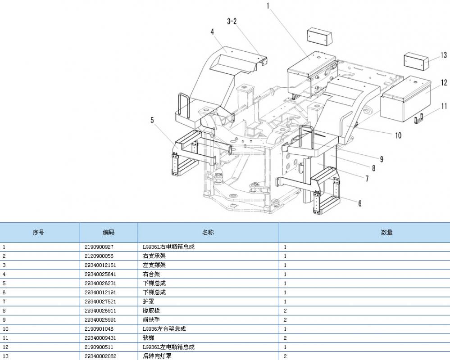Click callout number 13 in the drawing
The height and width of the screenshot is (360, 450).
tap(444, 55)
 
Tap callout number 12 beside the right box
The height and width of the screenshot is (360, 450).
tap(444, 83)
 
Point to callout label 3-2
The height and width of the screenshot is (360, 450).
tap(232, 21)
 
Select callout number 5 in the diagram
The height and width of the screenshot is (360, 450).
tap(152, 120)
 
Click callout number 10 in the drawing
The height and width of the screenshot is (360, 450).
tap(398, 135)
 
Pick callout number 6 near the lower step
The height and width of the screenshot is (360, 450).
tap(359, 203)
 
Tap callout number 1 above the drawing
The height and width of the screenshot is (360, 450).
tap(268, 6)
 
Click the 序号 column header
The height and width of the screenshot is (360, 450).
tap(39, 232)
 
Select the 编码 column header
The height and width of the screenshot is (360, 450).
tap(109, 232)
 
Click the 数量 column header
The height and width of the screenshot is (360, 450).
tap(386, 232)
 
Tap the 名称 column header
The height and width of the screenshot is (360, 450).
tap(208, 232)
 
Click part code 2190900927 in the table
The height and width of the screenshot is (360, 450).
tap(99, 247)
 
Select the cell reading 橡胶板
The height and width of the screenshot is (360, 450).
tap(151, 310)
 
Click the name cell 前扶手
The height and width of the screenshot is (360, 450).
tap(151, 319)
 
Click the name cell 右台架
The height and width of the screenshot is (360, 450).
tap(151, 274)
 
